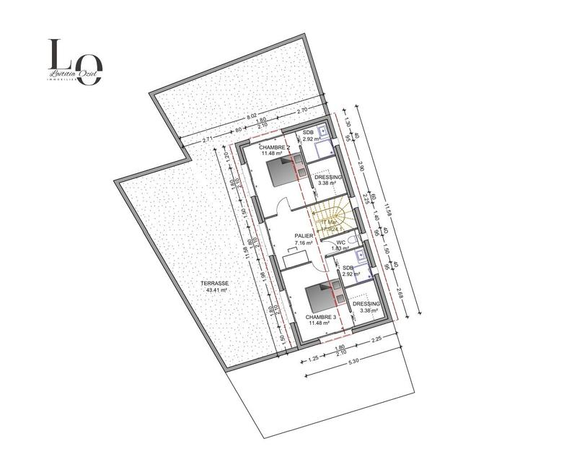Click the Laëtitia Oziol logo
(x=75, y=63)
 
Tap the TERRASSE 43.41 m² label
(x=216, y=287)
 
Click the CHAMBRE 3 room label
(x=320, y=319)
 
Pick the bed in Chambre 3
(x=319, y=295)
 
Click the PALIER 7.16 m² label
(x=304, y=240)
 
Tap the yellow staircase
(x=332, y=217)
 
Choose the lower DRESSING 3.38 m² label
(x=366, y=308)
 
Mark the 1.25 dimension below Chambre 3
(x=313, y=358)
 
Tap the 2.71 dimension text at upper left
(x=208, y=139)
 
